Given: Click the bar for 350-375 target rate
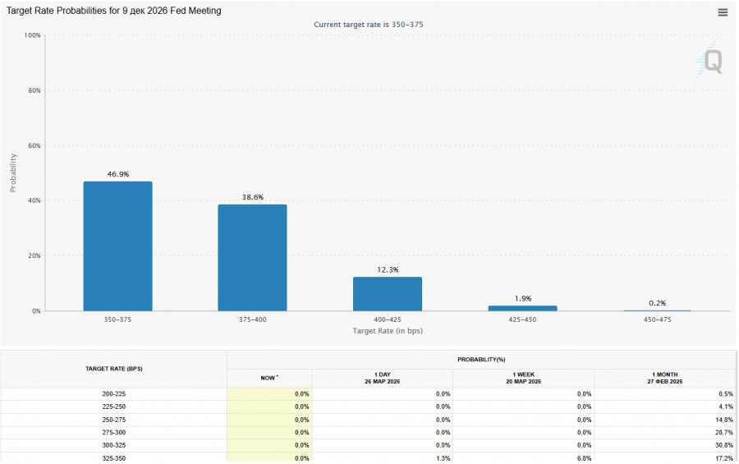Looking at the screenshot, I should tap(117, 246).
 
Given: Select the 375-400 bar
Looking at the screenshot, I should tap(252, 258).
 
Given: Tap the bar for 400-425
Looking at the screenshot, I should tap(388, 294).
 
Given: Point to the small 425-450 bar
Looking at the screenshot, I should tap(522, 308).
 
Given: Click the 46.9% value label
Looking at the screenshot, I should tap(117, 174).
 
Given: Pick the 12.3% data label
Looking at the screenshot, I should tap(388, 270).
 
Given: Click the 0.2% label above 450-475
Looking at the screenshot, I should tap(657, 303).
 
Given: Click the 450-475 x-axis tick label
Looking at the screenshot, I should tap(657, 319).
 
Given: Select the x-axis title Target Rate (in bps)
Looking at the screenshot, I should tap(388, 330).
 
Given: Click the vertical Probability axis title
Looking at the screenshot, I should tap(12, 172).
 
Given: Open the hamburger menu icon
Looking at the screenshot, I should tap(723, 12).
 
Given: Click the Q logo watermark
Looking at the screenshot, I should tap(712, 62).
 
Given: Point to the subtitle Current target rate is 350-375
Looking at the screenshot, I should tap(369, 25).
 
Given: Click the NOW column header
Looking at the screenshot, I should tap(269, 378).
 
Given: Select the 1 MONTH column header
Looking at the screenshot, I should tap(665, 378).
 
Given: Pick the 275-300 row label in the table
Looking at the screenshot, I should tap(114, 432).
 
